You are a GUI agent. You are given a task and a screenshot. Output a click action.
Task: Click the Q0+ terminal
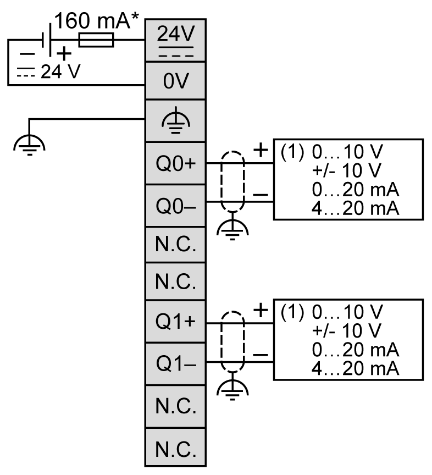(x=175, y=164)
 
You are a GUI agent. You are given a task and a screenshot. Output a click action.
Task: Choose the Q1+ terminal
(x=175, y=323)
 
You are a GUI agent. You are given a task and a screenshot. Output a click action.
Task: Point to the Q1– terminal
(x=175, y=364)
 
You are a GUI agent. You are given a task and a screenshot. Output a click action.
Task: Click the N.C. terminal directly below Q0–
(x=175, y=243)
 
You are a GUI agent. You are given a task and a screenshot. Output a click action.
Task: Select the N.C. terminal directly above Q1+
(x=175, y=283)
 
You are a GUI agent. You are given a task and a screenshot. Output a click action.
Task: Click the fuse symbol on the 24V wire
(x=96, y=40)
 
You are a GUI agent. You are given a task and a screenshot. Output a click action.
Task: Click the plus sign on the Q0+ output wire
(x=260, y=150)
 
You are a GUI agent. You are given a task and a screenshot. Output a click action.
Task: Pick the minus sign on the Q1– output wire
(x=260, y=355)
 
